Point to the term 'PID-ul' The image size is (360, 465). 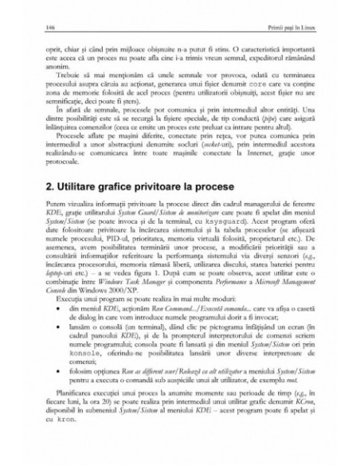tap(100, 264)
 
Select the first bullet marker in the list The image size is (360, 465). tap(52, 340)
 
